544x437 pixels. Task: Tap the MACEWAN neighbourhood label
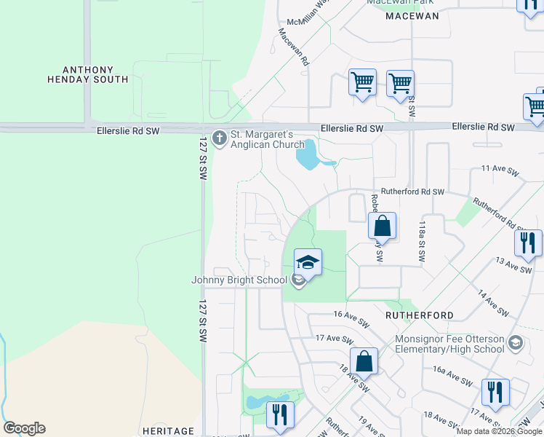point(413,16)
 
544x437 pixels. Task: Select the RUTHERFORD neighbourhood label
point(420,315)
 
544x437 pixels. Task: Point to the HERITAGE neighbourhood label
point(169,431)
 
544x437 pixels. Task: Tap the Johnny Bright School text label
point(240,280)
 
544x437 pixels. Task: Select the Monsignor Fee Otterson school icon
point(515,342)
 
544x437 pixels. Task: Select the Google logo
point(24,428)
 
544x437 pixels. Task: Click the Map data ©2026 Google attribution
point(500,431)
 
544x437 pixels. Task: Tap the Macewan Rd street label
point(293,47)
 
